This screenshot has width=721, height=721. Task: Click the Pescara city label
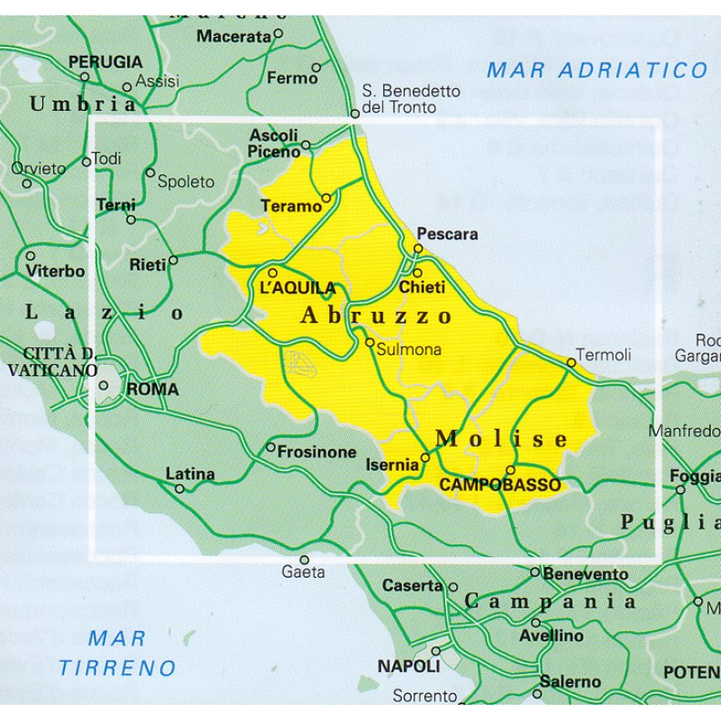pyautogui.click(x=447, y=233)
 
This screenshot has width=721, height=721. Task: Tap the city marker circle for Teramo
pyautogui.click(x=326, y=197)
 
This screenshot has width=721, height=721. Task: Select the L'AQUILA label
pyautogui.click(x=297, y=288)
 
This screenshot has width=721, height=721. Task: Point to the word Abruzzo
pyautogui.click(x=376, y=315)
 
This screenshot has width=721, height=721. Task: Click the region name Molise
pyautogui.click(x=502, y=439)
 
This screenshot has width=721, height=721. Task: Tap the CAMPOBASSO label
pyautogui.click(x=499, y=485)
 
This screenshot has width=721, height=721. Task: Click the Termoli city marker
pyautogui.click(x=570, y=362)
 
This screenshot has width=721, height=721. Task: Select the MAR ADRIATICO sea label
pyautogui.click(x=598, y=70)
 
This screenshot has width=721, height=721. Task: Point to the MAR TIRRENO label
pyautogui.click(x=117, y=653)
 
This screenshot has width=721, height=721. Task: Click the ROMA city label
pyautogui.click(x=152, y=390)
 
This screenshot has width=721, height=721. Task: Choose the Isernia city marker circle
pyautogui.click(x=424, y=458)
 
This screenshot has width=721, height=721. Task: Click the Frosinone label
pyautogui.click(x=317, y=452)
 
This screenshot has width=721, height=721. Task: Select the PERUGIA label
pyautogui.click(x=105, y=62)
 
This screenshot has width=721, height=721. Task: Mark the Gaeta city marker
pyautogui.click(x=304, y=560)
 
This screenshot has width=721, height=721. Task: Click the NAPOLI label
pyautogui.click(x=408, y=666)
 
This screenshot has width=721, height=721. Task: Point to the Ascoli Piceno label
pyautogui.click(x=274, y=143)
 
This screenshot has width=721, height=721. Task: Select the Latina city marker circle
pyautogui.click(x=179, y=488)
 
